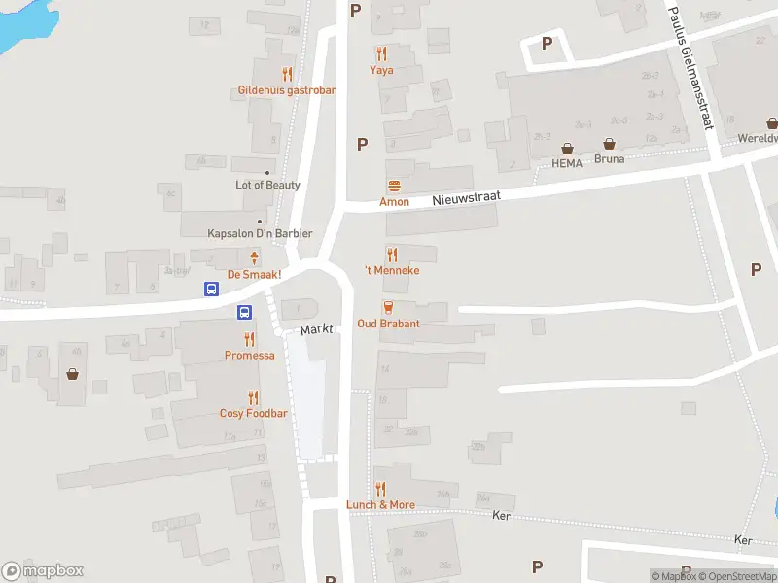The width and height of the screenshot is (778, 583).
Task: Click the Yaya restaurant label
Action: click(x=381, y=70)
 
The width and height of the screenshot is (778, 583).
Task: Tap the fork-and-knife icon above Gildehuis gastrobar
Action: click(x=287, y=74)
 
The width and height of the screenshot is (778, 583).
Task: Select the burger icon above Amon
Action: click(x=394, y=186)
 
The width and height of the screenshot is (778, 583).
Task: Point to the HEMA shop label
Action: click(x=567, y=163)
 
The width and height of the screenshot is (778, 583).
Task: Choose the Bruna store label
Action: click(x=610, y=158)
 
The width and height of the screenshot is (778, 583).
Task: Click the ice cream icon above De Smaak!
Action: click(x=255, y=257)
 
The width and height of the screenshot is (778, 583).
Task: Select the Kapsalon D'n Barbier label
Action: click(x=261, y=233)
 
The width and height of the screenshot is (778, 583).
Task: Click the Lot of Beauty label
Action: click(x=267, y=185)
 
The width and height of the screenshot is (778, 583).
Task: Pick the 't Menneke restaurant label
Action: click(x=392, y=270)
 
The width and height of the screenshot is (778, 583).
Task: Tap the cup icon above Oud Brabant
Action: click(x=388, y=307)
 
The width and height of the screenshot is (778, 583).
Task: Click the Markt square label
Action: click(x=317, y=330)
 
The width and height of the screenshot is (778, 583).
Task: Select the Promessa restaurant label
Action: click(x=250, y=355)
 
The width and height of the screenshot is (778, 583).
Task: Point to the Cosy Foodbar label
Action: click(x=254, y=413)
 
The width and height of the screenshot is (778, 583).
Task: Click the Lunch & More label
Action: click(x=380, y=504)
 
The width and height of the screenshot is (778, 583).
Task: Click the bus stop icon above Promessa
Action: click(x=245, y=312)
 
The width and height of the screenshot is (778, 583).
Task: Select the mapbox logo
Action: click(x=43, y=571)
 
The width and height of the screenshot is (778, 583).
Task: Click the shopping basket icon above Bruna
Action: click(x=609, y=143)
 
